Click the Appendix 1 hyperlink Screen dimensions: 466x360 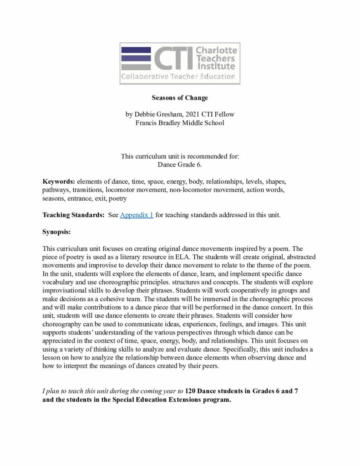137,215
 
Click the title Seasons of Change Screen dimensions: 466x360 180,97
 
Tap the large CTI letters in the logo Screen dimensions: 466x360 172,57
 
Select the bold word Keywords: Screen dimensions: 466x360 59,181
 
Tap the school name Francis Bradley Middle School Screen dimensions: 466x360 180,122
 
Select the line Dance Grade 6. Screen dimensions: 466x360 180,164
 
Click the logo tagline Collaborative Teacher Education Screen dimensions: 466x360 178,76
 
